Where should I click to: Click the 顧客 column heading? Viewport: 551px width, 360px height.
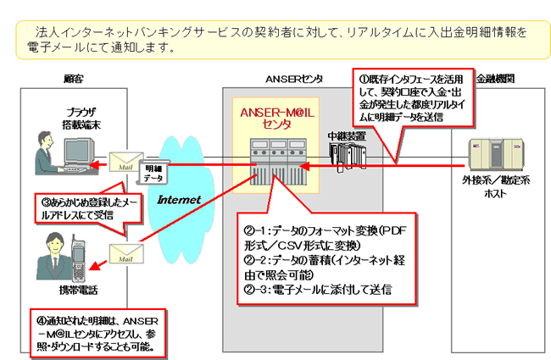tap(74, 78)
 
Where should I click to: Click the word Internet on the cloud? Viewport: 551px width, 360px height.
tap(179, 200)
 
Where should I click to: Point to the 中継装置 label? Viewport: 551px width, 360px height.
tap(347, 135)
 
